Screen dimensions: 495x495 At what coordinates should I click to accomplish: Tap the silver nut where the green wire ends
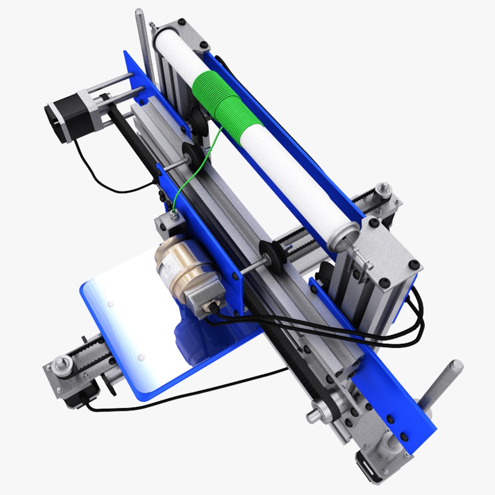pos(174,213)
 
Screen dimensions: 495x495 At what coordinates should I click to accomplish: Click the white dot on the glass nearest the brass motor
pos(110,304)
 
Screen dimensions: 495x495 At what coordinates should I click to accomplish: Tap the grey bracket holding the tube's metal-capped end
pos(390,257)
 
